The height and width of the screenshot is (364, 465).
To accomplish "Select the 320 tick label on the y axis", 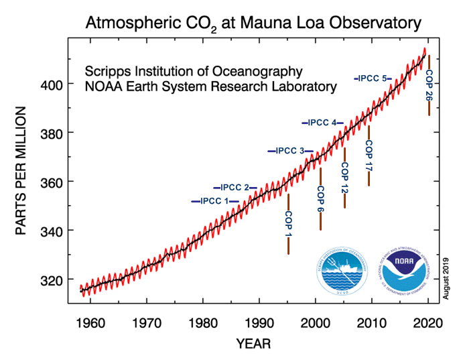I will [x=53, y=280].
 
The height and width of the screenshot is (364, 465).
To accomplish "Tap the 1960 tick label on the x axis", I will [x=90, y=322].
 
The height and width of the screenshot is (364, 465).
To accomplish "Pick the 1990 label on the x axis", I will [x=260, y=322].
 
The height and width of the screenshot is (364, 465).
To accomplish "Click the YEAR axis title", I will [x=253, y=344].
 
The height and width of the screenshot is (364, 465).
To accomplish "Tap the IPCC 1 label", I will [x=215, y=201].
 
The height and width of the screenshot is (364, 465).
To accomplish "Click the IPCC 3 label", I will [x=291, y=151].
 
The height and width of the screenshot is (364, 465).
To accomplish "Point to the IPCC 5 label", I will [x=373, y=78].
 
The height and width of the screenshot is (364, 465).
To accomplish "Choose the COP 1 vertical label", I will [x=289, y=225].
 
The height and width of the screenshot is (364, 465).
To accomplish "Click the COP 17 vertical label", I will [x=369, y=156].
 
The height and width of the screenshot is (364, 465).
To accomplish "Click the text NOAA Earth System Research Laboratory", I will [x=210, y=86].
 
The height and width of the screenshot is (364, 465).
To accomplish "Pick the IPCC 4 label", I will [x=324, y=123].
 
